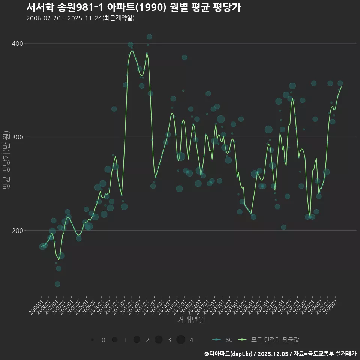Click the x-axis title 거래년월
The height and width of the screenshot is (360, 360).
(191, 320)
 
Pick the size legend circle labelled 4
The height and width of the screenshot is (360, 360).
(181, 339)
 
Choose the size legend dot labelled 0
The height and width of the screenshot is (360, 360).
(92, 340)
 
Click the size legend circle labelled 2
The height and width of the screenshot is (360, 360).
(136, 340)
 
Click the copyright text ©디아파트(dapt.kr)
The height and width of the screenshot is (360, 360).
(228, 354)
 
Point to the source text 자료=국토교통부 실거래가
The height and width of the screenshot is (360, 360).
(325, 354)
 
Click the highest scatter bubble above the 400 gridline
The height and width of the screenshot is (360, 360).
(149, 37)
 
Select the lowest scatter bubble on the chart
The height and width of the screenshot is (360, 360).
(57, 284)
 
